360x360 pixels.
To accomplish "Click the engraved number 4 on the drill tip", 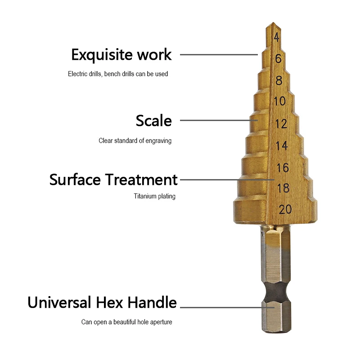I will tap(277, 38).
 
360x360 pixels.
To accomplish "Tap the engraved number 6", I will tap(278, 58).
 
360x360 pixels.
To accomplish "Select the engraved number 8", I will tap(279, 81).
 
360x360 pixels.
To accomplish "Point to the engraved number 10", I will tap(279, 101).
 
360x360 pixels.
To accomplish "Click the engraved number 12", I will tap(281, 124).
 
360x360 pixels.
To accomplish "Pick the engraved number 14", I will tap(282, 146).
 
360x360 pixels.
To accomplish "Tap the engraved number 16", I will tap(283, 168).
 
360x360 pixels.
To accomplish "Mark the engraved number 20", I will tap(285, 209).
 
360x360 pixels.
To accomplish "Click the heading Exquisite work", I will tap(121, 55).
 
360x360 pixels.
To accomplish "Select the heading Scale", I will tap(154, 121).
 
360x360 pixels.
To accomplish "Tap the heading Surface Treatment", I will tap(113, 180).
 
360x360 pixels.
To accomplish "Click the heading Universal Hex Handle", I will tap(102, 302).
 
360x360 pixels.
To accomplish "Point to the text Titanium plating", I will tap(154, 196).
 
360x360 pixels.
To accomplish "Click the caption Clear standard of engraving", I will tap(135, 141).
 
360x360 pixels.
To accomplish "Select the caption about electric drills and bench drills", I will tap(118, 74).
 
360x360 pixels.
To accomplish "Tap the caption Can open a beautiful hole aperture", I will tap(126, 322).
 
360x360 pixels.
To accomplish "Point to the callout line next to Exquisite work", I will tap(219, 55).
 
